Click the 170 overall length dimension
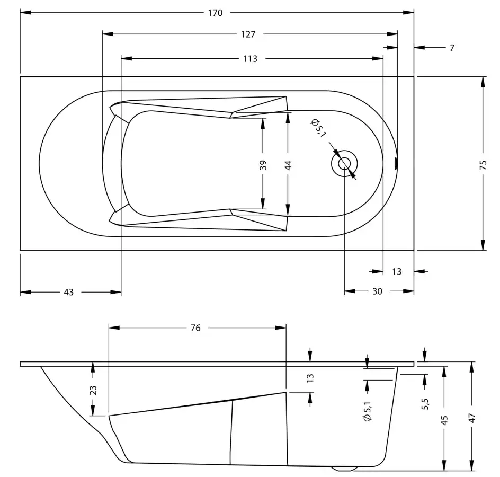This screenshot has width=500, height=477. [215, 13]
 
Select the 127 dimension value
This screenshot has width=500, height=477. [248, 34]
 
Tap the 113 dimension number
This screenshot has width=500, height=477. [250, 59]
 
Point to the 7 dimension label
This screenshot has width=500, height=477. [452, 48]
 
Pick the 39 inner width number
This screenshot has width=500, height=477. [263, 165]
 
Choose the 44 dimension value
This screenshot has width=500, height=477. [288, 165]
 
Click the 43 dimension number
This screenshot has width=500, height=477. [68, 292]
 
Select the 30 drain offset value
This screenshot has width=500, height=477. [377, 291]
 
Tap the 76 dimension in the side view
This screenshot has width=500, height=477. [195, 328]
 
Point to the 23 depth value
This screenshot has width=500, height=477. [93, 390]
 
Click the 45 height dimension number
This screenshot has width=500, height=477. [444, 420]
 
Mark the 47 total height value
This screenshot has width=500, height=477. [472, 418]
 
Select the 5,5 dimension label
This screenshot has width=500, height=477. [425, 404]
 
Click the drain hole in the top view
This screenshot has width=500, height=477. [344, 164]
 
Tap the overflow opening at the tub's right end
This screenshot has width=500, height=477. [396, 164]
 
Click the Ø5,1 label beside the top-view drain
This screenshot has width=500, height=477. [318, 128]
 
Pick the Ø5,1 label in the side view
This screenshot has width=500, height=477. [368, 412]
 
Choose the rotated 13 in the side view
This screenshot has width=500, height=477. [310, 378]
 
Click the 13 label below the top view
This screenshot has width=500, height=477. [397, 271]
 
